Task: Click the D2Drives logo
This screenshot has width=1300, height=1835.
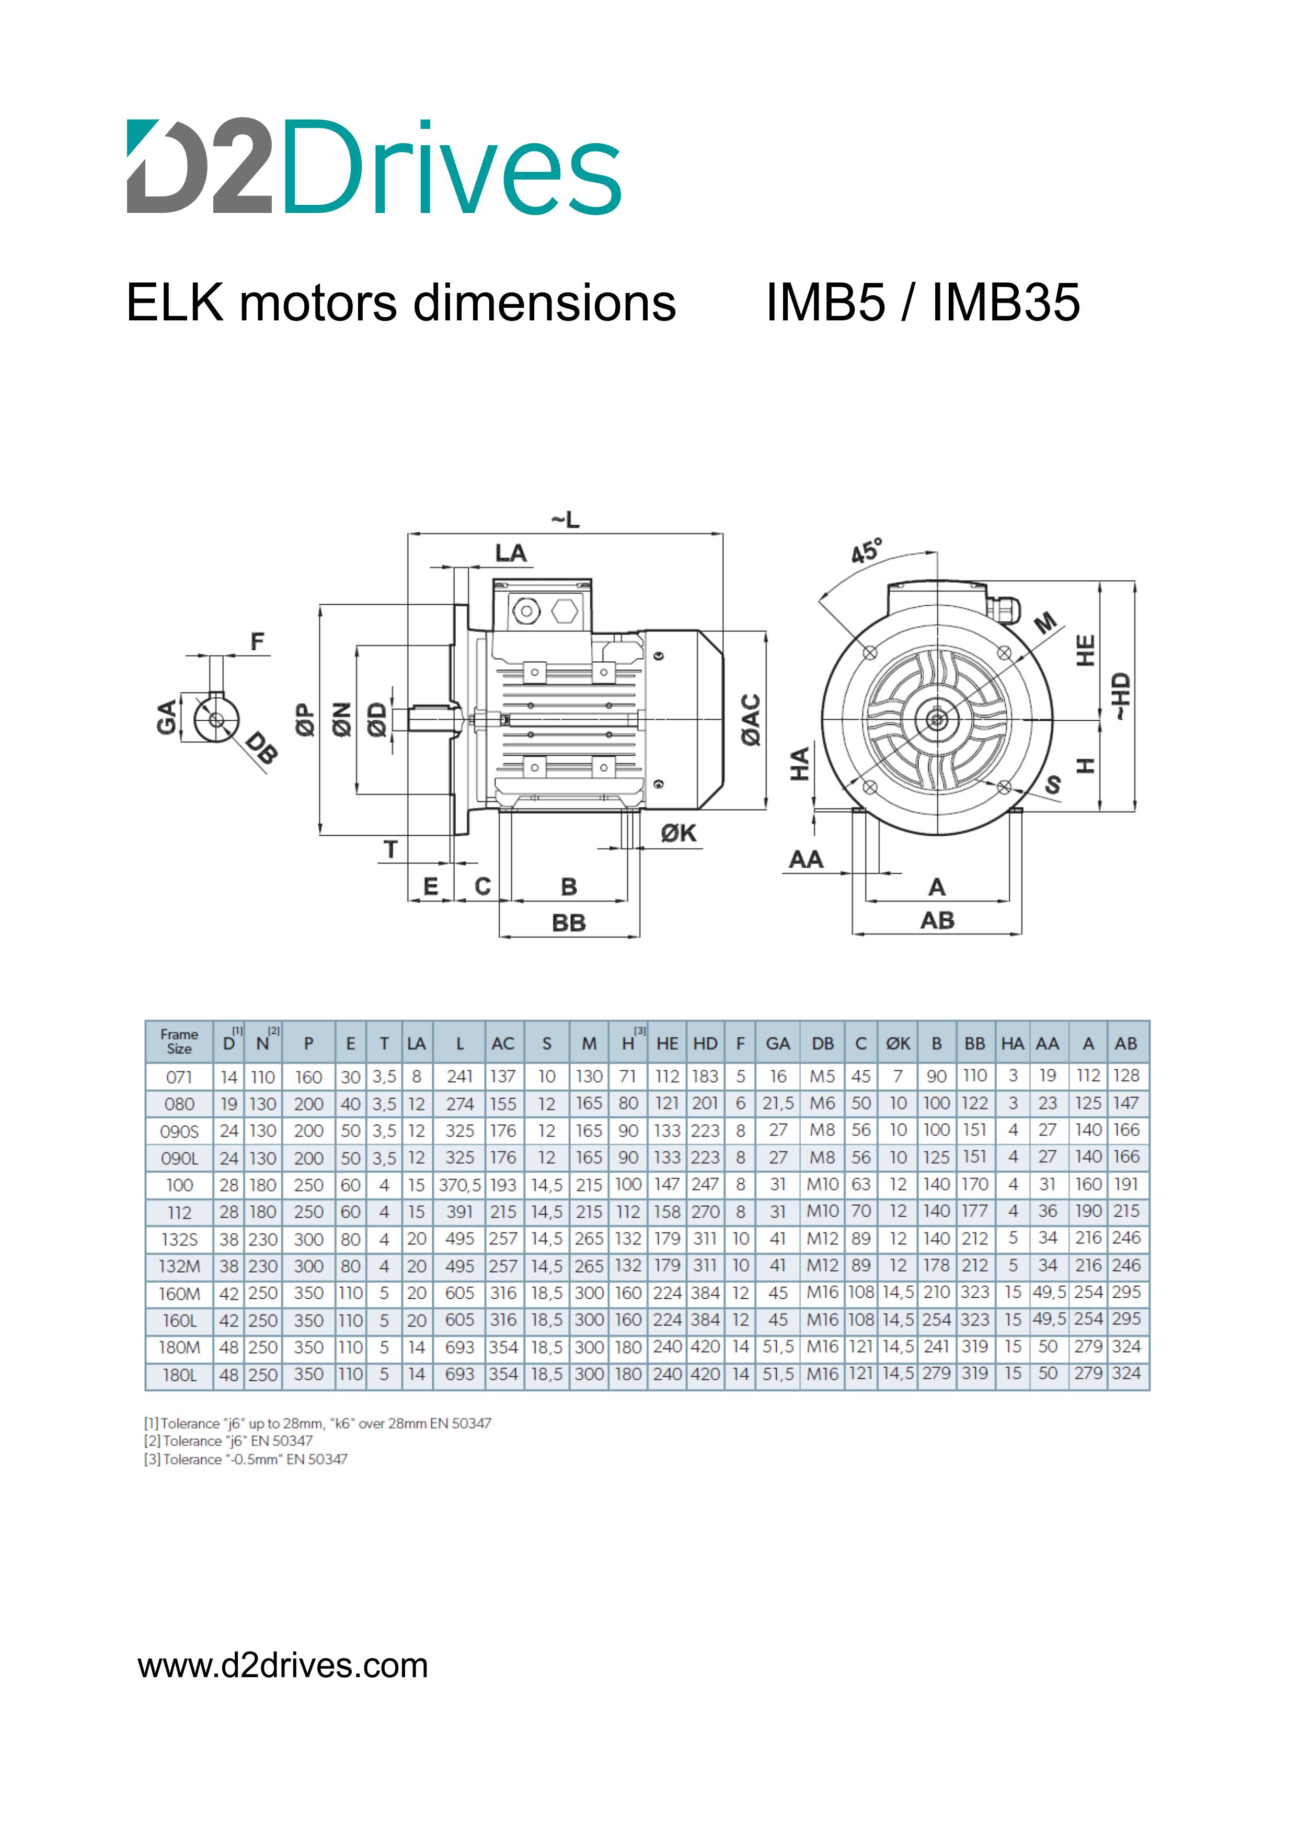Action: [x=374, y=167]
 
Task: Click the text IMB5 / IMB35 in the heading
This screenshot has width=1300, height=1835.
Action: [x=922, y=303]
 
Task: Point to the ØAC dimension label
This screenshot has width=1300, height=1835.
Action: [x=751, y=720]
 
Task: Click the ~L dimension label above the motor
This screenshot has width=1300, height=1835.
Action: [x=565, y=520]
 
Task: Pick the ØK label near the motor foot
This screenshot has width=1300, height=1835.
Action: [x=678, y=834]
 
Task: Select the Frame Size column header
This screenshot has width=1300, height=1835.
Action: [x=179, y=1042]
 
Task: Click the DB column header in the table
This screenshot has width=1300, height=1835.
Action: [x=822, y=1044]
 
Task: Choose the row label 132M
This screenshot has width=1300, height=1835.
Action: [x=179, y=1266]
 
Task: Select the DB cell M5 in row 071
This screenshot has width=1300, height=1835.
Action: [x=822, y=1076]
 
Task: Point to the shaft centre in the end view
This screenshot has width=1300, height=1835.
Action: [x=937, y=720]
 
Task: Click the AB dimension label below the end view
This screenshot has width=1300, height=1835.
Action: [x=937, y=920]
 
